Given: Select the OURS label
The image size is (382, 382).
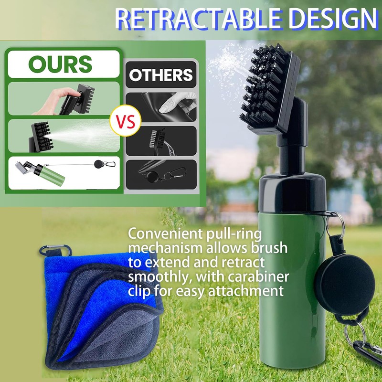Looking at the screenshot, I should click(x=60, y=64).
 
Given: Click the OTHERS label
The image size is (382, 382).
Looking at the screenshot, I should click(x=161, y=75).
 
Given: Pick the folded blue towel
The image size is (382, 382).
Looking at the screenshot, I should click(x=95, y=306).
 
